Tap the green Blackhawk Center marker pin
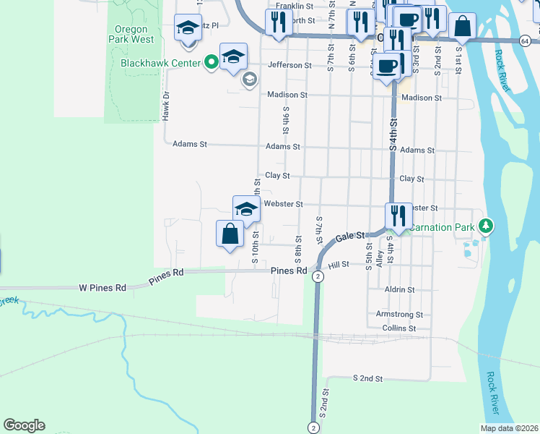click(x=211, y=62)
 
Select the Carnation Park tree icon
click(x=487, y=227)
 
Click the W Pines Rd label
click(x=103, y=287)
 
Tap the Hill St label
click(x=339, y=265)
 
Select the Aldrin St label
click(x=400, y=289)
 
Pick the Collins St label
click(x=399, y=328)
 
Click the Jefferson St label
click(x=289, y=65)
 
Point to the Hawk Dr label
click(x=165, y=105)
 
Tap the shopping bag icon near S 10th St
click(x=230, y=234)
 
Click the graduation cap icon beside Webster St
click(x=246, y=209)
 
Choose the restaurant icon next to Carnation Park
click(x=398, y=216)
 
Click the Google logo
click(x=24, y=425)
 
